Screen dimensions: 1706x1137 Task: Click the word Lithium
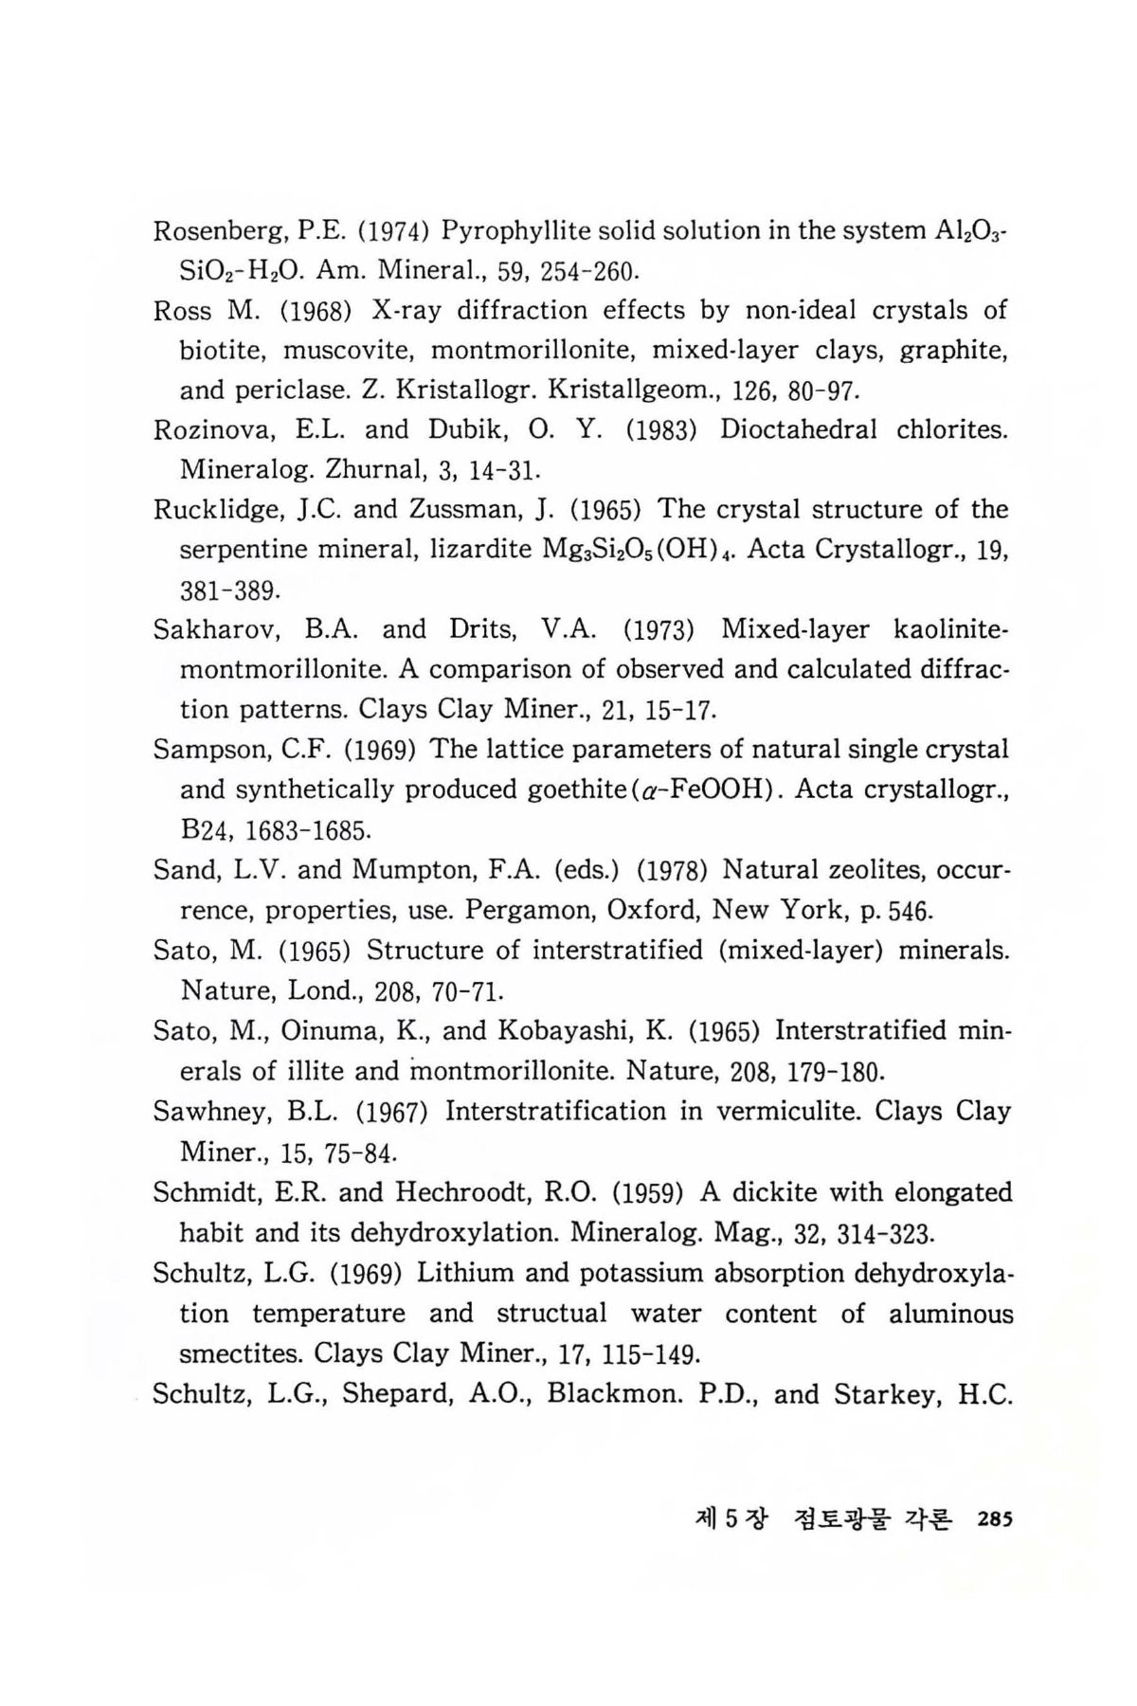465,1273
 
